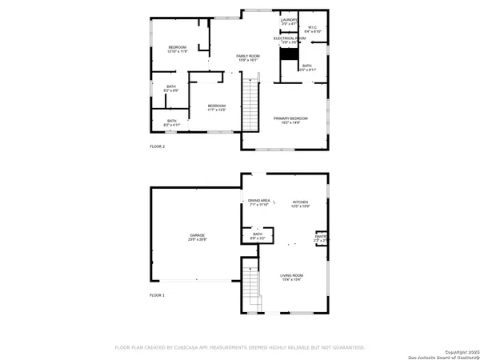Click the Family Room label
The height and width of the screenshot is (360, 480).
click(x=246, y=58)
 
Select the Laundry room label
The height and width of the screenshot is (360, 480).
click(x=289, y=22)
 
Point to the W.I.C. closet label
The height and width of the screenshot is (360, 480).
click(x=313, y=29)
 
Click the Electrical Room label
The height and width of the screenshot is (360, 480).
click(x=290, y=40)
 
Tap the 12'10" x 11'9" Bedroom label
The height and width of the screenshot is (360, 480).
click(x=178, y=50)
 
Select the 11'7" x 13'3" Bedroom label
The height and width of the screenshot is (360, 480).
click(x=217, y=108)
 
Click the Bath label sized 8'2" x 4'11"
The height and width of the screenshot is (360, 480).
click(x=172, y=123)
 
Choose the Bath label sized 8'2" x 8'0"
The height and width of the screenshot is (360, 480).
click(x=171, y=89)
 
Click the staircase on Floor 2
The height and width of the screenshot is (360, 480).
click(x=253, y=105)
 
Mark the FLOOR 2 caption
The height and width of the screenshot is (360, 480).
click(x=158, y=147)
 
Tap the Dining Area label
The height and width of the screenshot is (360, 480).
click(x=258, y=202)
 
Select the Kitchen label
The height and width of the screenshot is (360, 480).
click(x=300, y=204)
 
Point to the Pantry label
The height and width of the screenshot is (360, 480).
click(x=320, y=238)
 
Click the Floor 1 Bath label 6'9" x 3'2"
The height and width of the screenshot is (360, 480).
click(x=257, y=236)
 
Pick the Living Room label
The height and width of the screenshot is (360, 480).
click(x=291, y=278)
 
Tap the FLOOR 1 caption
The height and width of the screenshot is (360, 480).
click(x=158, y=296)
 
